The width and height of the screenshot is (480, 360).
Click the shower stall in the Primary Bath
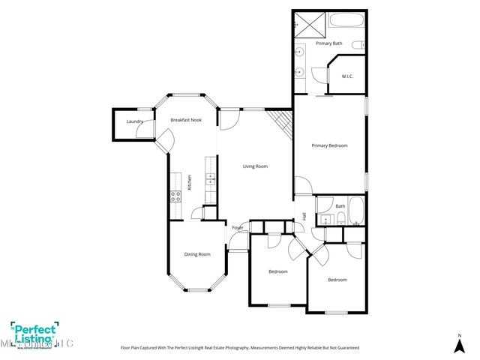[x=306, y=22]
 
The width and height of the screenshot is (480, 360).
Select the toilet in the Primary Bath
[x=358, y=44]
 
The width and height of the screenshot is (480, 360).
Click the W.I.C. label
[x=347, y=76]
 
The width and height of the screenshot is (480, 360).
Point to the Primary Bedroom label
[x=329, y=145]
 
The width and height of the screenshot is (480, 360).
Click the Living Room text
[x=255, y=166]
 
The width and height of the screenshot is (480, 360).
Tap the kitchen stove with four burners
[x=175, y=197]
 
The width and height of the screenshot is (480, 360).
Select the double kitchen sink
[x=211, y=179]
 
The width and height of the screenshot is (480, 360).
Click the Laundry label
[x=135, y=121]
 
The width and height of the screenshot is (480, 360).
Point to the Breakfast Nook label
[x=186, y=120]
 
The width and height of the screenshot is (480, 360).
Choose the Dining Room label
[x=197, y=254]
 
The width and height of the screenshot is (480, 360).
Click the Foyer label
[x=237, y=227]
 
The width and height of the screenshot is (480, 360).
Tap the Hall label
[x=304, y=217]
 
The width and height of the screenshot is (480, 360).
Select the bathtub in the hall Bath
[x=355, y=211]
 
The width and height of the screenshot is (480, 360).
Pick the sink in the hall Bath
[x=324, y=219]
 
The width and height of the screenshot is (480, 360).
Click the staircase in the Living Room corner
[x=282, y=121]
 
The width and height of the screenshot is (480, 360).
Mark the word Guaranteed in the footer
[x=344, y=348]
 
